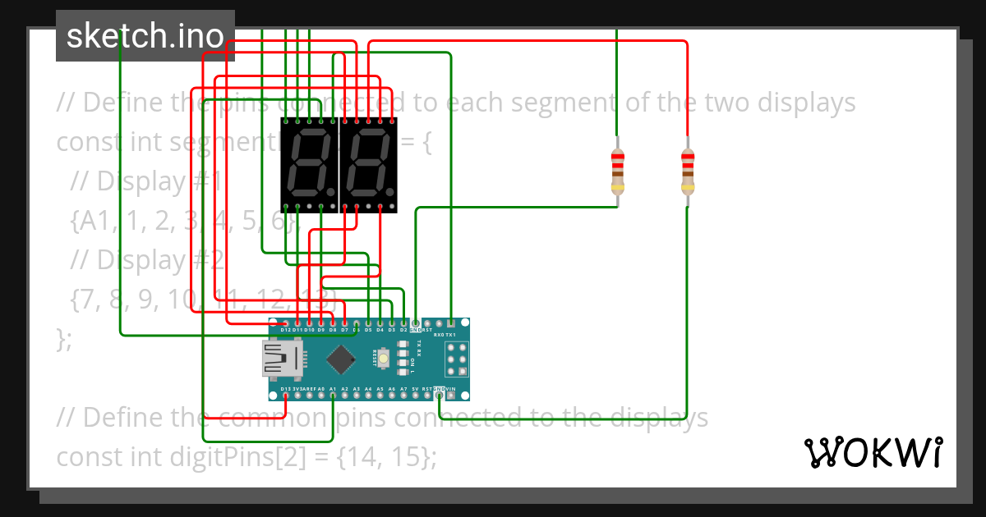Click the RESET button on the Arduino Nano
tap(383, 359)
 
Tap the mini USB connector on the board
tap(281, 359)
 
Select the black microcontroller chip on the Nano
tap(339, 359)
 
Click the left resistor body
tap(617, 171)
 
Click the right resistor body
tap(688, 171)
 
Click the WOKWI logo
tap(873, 452)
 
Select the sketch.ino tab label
tap(145, 36)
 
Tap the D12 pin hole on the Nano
tap(285, 323)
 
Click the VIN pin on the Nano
tap(451, 396)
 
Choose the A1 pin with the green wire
tap(333, 396)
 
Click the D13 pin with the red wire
tap(285, 396)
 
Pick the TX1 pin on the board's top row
tap(451, 323)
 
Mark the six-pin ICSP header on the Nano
tap(458, 359)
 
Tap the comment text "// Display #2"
tap(147, 259)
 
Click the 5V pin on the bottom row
tap(416, 396)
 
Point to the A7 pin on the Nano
tap(403, 396)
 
